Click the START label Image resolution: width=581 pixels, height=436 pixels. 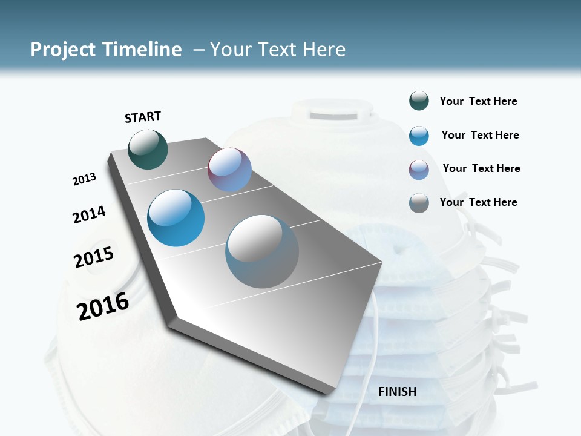(x=143, y=117)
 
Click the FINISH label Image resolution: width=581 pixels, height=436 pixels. (x=398, y=392)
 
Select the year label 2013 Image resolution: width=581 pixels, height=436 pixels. (x=85, y=179)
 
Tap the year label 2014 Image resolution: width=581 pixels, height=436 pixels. (x=90, y=214)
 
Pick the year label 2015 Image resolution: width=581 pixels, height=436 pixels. (x=94, y=257)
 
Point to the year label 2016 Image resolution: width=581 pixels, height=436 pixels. (x=103, y=306)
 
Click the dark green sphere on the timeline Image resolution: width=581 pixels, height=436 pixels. (x=148, y=149)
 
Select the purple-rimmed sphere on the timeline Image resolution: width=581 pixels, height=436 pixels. (x=229, y=170)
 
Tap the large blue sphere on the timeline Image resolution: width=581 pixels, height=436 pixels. (x=176, y=218)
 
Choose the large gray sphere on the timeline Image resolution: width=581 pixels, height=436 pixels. (x=262, y=251)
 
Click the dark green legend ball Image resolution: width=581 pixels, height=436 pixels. (x=419, y=101)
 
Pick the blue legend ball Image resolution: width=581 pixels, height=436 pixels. (x=419, y=136)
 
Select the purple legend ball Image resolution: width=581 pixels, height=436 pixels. (x=419, y=170)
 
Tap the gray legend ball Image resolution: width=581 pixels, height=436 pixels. (x=419, y=203)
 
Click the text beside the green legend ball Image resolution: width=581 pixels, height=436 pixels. (x=479, y=102)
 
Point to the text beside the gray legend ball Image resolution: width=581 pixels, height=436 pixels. (x=479, y=202)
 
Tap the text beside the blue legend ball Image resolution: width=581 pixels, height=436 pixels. (x=481, y=135)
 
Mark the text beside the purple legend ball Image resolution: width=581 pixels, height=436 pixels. (x=482, y=168)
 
